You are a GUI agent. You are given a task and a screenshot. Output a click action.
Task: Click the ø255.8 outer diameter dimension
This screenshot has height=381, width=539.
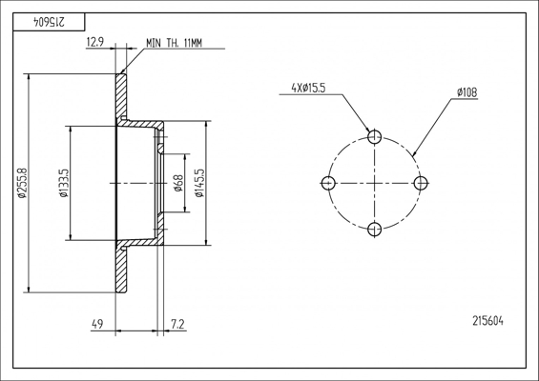click(x=22, y=183)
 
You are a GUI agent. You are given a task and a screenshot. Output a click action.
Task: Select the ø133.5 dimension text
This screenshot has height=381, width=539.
click(x=64, y=183)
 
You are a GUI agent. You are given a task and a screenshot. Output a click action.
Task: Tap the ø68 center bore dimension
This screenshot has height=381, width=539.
click(x=178, y=183)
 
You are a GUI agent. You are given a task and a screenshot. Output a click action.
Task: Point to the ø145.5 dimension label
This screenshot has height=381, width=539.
click(x=199, y=183)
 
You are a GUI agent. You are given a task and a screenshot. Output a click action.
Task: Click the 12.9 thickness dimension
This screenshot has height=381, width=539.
click(x=94, y=42)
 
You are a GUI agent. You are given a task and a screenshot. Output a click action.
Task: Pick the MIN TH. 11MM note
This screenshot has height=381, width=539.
click(x=175, y=43)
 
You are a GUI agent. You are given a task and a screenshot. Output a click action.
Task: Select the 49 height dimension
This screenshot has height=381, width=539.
click(x=97, y=324)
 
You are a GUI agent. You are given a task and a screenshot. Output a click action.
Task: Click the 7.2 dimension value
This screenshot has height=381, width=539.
click(x=177, y=324)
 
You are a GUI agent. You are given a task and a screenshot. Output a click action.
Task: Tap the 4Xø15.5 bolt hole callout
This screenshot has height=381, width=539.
click(x=308, y=89)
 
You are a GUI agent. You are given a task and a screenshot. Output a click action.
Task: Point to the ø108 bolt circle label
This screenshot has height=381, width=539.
click(x=466, y=92)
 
